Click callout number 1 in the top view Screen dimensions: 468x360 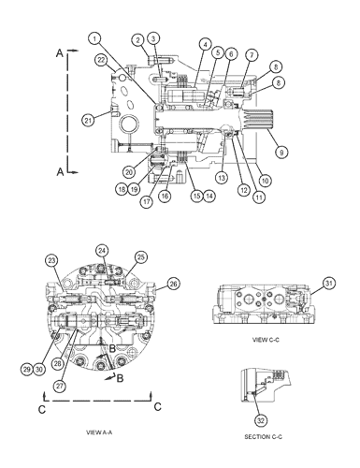(95, 37)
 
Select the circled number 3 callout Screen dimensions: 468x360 (154, 37)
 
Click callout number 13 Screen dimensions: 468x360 (222, 177)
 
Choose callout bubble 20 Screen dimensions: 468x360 (130, 171)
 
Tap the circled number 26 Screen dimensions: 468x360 (174, 284)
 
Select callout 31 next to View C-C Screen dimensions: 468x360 (328, 284)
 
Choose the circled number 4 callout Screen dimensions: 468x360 (204, 43)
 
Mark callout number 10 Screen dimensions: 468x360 (265, 179)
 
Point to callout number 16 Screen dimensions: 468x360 (165, 197)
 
